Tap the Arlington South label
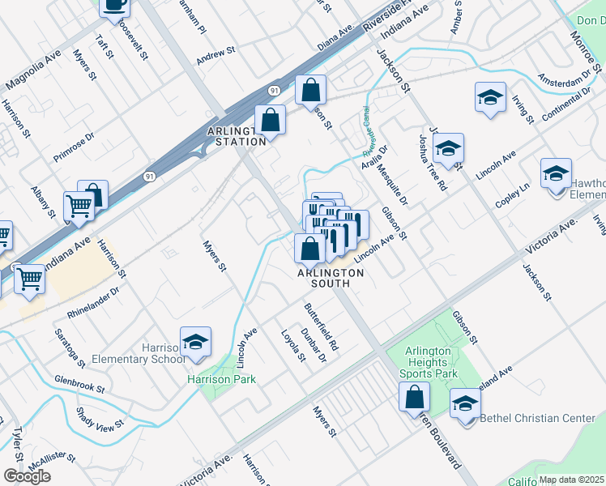pyautogui.click(x=331, y=279)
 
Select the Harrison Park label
pyautogui.click(x=221, y=379)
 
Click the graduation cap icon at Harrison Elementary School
pyautogui.click(x=195, y=343)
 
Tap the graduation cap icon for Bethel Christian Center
pyautogui.click(x=465, y=405)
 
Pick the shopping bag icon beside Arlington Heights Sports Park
pyautogui.click(x=415, y=398)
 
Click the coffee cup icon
pyautogui.click(x=114, y=5)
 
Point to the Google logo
pyautogui.click(x=27, y=476)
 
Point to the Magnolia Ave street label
pyautogui.click(x=34, y=71)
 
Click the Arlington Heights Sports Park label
pyautogui.click(x=429, y=362)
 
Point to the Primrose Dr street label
pyautogui.click(x=75, y=143)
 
